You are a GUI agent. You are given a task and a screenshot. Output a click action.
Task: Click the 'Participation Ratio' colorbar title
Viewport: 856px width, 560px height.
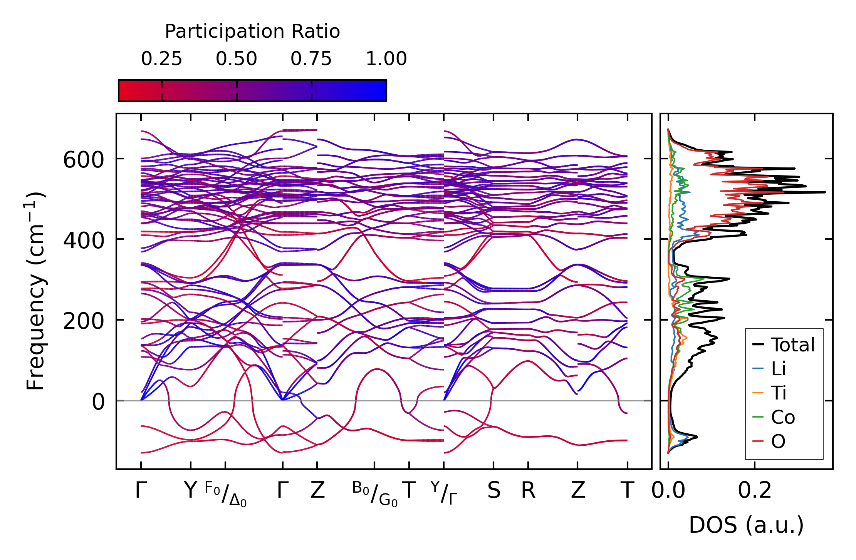(252, 32)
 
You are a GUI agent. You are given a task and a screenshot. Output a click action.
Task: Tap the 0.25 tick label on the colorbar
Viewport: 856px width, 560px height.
(161, 59)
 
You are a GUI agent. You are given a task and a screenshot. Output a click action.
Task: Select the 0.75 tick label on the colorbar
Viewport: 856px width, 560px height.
(311, 59)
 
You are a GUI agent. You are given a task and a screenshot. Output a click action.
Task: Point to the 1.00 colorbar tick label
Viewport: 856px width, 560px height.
(386, 59)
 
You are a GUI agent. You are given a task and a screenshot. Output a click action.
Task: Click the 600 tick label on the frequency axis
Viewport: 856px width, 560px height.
(83, 159)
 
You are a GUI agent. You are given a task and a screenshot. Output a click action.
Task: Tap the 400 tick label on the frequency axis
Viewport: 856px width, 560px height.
(83, 240)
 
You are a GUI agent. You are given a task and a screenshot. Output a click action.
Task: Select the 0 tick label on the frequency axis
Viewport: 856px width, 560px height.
(98, 402)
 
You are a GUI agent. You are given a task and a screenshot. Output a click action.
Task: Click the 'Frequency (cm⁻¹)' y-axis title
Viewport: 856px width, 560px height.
(35, 291)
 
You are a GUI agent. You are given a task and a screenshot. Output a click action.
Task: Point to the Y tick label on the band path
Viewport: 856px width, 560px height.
(190, 490)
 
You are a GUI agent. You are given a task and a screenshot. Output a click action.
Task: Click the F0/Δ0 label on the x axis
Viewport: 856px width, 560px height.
(225, 494)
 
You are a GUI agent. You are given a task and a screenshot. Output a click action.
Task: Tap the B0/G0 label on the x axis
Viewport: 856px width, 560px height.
(374, 494)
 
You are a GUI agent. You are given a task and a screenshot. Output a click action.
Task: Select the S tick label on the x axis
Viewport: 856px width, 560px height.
(493, 490)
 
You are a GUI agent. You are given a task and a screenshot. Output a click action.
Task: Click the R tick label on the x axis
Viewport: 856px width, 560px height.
(528, 490)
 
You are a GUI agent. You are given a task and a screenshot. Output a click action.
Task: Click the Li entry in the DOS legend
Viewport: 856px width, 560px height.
(778, 369)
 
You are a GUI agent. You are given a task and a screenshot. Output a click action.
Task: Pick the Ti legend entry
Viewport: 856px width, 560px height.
(779, 393)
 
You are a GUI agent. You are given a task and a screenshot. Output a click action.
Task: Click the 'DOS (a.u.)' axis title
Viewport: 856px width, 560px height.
(746, 525)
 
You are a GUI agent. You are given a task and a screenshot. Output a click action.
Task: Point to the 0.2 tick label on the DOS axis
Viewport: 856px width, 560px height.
(754, 490)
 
